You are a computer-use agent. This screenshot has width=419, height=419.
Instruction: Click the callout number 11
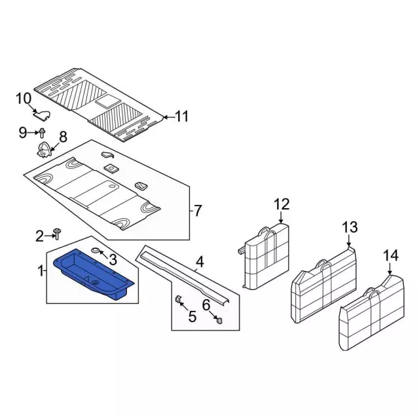tap(182, 117)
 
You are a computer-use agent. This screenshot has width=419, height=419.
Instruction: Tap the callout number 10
tap(24, 99)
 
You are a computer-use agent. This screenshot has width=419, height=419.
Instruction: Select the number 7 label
tap(198, 211)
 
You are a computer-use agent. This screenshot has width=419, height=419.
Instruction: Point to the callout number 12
tap(282, 204)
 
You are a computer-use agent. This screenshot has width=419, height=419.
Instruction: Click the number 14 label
tap(391, 255)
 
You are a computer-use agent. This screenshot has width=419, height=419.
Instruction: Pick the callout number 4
tap(200, 262)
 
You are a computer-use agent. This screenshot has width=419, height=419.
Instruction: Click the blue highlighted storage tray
tap(94, 274)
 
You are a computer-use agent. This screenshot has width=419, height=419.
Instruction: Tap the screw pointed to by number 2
tap(58, 234)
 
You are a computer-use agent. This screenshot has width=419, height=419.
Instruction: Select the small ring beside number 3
tap(96, 250)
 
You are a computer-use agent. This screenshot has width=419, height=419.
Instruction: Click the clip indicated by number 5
tap(177, 299)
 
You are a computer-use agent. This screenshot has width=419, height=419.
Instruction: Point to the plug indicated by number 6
tap(219, 320)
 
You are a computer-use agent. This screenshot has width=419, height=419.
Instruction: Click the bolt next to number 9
tap(42, 133)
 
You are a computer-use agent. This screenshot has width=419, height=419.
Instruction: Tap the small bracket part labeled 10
tap(42, 115)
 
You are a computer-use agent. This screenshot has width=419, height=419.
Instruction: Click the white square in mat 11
tap(108, 102)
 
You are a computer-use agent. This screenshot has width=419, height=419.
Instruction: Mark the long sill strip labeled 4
tap(185, 278)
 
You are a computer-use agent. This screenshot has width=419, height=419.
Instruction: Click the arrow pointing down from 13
tap(349, 240)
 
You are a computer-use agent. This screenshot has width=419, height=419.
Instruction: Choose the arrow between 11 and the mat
tap(168, 117)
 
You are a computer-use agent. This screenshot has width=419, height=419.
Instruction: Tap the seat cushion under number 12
tap(266, 257)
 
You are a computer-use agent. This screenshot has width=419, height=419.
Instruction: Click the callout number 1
tap(41, 270)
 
